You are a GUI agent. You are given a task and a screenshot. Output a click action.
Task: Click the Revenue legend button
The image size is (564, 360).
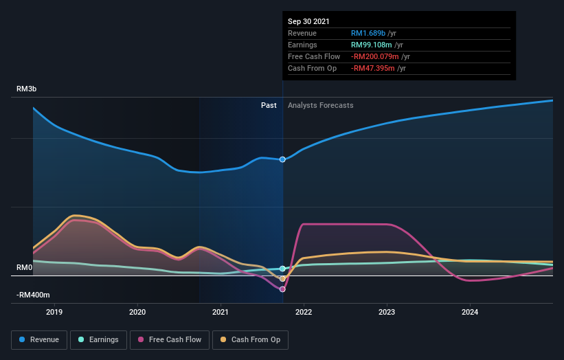(x=39, y=339)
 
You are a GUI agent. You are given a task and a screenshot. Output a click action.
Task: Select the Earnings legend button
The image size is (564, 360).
(x=98, y=339)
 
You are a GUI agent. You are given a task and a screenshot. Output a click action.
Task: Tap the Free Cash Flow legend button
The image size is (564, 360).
(x=169, y=339)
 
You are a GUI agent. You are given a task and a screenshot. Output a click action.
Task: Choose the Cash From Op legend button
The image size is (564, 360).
(x=250, y=339)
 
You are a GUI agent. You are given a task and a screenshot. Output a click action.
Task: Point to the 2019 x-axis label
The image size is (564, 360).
(x=54, y=313)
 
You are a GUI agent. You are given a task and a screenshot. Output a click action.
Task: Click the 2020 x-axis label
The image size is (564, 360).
(x=137, y=313)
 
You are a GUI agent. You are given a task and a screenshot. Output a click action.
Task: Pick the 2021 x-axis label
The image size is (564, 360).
(x=221, y=313)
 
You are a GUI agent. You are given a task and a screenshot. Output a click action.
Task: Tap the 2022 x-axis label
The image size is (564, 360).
(x=304, y=313)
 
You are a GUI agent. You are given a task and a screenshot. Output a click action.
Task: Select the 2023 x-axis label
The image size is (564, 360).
(x=387, y=313)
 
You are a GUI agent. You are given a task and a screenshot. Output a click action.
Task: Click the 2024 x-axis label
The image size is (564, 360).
(x=470, y=313)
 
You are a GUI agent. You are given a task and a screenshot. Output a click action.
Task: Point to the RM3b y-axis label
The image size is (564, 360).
(x=27, y=89)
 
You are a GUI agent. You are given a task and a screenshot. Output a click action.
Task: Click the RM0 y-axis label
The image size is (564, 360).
(x=25, y=267)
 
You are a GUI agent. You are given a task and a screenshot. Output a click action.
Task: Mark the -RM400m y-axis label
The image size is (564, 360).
(x=34, y=295)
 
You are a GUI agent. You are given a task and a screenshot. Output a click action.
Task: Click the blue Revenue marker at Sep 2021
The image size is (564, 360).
(x=282, y=159)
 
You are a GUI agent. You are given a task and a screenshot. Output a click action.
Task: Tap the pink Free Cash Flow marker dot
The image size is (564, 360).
(x=282, y=289)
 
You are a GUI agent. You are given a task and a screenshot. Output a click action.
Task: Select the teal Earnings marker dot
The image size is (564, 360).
(x=282, y=269)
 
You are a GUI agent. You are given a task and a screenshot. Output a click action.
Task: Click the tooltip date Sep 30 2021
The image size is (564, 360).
(x=308, y=21)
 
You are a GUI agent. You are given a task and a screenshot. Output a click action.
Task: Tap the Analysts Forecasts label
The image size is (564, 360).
(x=321, y=105)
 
